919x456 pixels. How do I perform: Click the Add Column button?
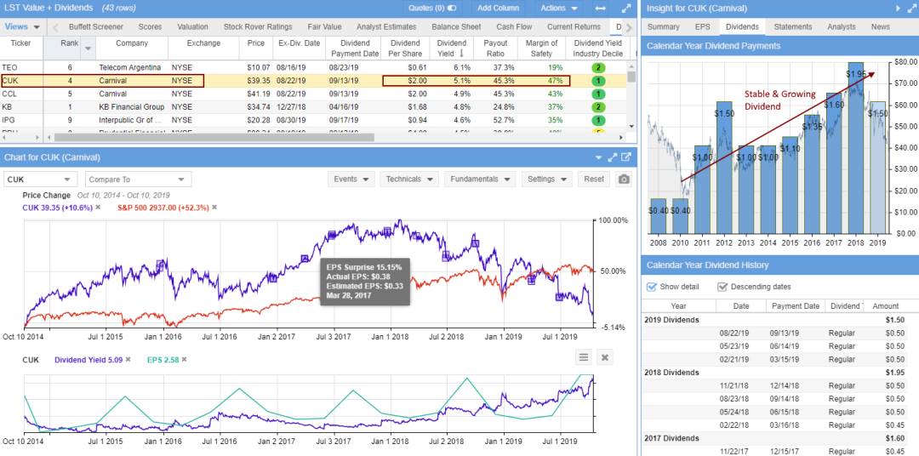(498, 8)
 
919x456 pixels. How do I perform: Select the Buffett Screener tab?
(95, 26)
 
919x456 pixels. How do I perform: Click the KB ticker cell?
(8, 107)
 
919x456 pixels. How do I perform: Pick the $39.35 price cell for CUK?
(256, 81)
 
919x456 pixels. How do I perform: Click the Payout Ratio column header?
(497, 48)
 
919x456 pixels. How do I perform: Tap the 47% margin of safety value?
(555, 81)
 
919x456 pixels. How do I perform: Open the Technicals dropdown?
(408, 180)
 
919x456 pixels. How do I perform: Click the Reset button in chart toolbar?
(594, 180)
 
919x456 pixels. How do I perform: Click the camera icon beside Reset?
(624, 180)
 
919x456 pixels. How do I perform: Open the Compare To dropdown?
(136, 180)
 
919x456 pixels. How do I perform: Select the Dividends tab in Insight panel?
(742, 26)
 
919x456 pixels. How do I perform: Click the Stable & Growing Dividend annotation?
(779, 100)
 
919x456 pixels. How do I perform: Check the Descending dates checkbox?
(722, 287)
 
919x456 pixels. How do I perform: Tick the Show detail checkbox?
(652, 287)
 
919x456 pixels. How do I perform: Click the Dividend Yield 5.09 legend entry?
(88, 360)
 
